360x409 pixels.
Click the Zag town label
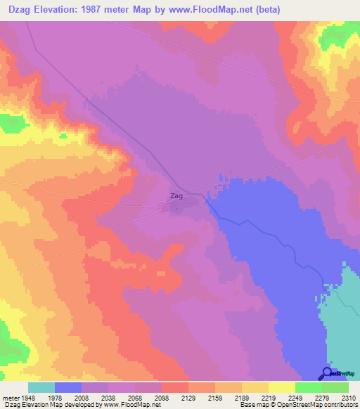click(176, 196)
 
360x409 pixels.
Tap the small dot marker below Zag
click(176, 207)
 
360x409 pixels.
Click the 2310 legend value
click(349, 397)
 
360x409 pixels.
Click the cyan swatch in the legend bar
click(41, 387)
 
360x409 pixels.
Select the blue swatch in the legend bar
click(68, 387)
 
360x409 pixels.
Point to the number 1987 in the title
click(125, 10)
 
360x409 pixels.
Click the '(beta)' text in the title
click(295, 10)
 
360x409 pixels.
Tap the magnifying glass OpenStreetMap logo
click(326, 373)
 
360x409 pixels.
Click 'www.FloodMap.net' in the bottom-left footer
click(124, 405)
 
